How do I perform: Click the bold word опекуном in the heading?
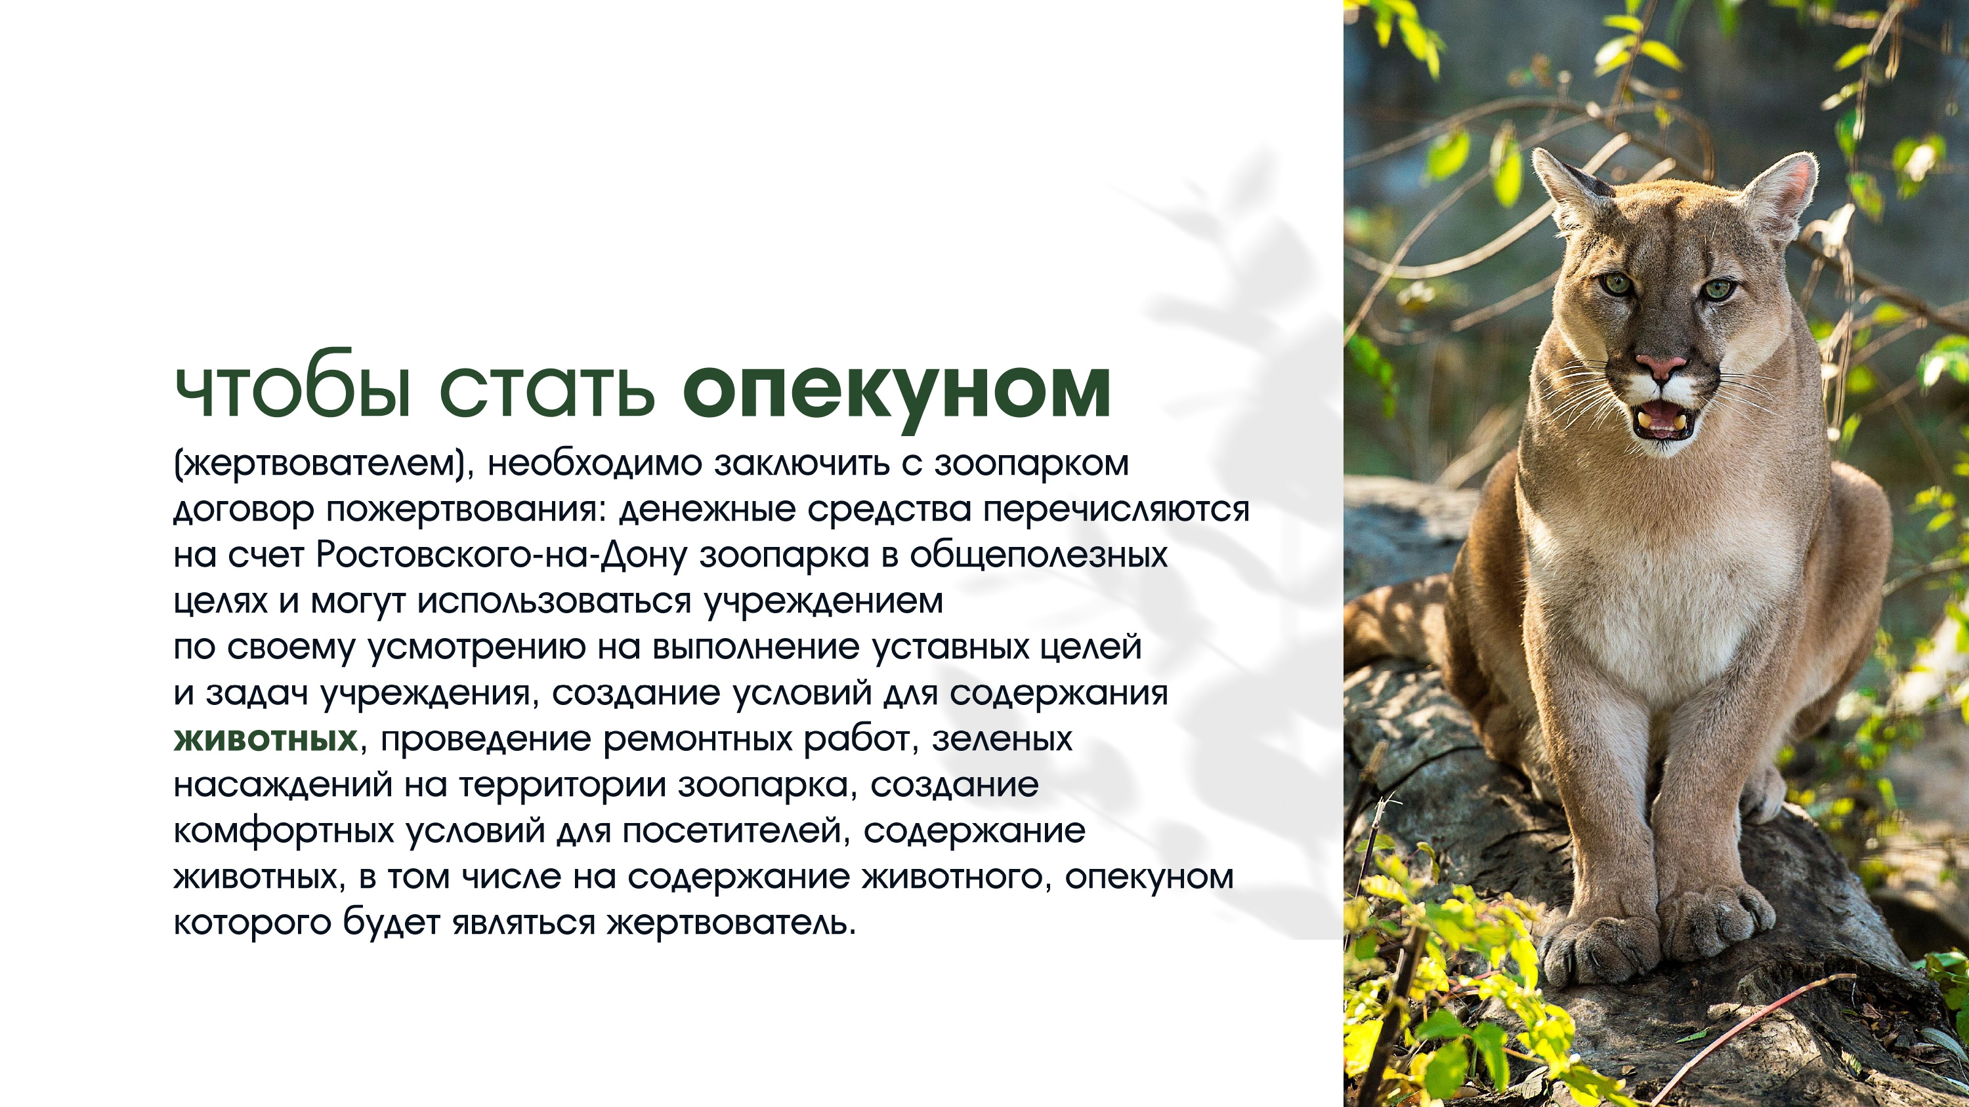pyautogui.click(x=896, y=393)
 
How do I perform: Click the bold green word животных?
pyautogui.click(x=265, y=738)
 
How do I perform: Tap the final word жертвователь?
pyautogui.click(x=732, y=923)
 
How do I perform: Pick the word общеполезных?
pyautogui.click(x=1039, y=556)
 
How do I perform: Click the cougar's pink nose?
pyautogui.click(x=1661, y=366)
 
